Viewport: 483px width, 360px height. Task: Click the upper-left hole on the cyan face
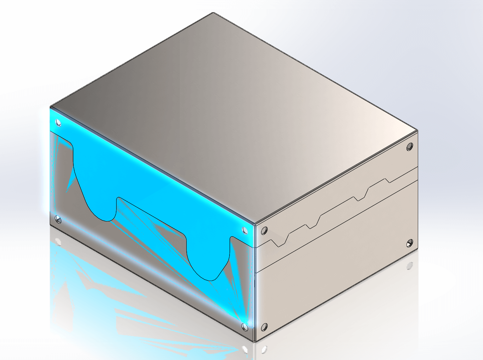58,123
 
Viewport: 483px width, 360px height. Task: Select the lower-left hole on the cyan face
58,219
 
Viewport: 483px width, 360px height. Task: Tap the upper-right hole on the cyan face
245,230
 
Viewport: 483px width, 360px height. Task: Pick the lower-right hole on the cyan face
245,327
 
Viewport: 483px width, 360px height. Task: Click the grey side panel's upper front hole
264,231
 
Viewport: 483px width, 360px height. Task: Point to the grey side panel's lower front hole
264,327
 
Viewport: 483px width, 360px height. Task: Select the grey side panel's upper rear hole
410,146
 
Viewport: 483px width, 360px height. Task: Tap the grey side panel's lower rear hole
410,243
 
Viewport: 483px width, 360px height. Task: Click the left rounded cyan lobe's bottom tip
107,220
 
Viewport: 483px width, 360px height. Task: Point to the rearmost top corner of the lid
213,13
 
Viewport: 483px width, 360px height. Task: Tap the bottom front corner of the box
254,341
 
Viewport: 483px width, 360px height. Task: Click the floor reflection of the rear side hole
410,266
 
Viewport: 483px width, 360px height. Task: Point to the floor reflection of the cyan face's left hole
58,242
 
